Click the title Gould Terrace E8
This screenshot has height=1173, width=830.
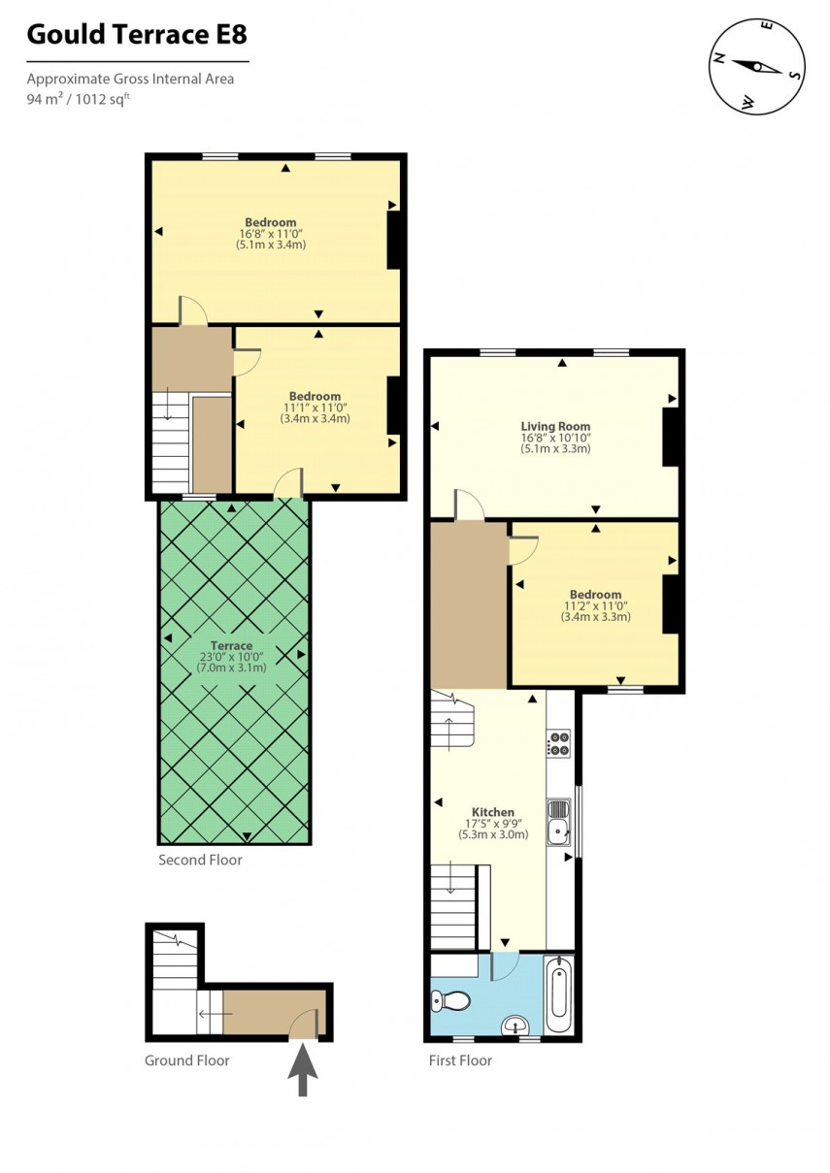(136, 36)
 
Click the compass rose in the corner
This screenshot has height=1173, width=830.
(758, 66)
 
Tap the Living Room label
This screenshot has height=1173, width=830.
(555, 427)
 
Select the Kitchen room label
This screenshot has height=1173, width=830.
(493, 812)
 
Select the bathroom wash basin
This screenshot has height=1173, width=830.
(515, 1025)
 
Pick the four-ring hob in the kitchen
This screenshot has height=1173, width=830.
(559, 743)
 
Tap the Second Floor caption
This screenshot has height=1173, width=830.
(200, 860)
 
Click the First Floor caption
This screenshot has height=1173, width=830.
(460, 1060)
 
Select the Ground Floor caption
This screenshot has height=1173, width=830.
(187, 1060)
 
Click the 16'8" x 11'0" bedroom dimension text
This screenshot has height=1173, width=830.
(271, 234)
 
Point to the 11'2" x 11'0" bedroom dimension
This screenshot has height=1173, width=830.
(595, 605)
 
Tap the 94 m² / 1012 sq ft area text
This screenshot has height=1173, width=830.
(78, 99)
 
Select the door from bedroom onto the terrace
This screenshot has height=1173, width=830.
(288, 484)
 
